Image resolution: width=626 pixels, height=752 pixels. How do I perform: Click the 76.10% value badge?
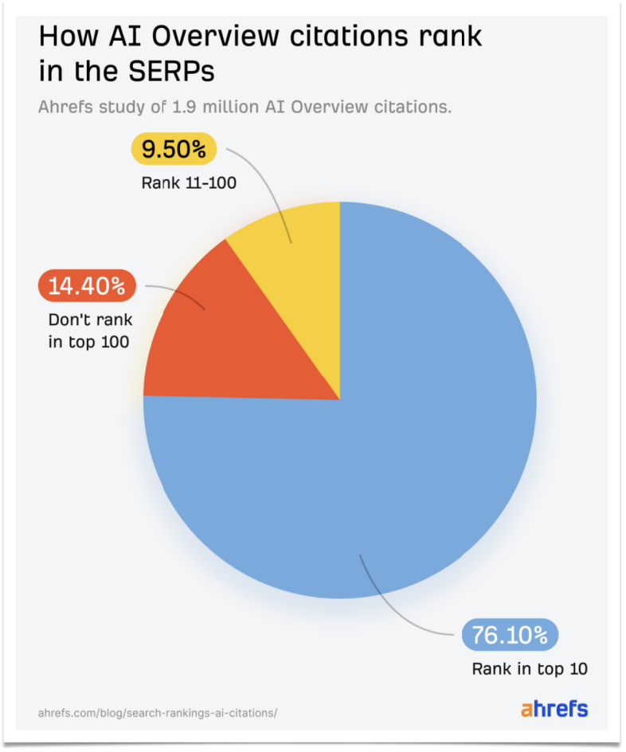point(510,635)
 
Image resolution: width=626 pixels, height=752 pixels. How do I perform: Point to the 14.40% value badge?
point(87,285)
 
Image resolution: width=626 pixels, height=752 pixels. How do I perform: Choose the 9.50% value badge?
point(173,149)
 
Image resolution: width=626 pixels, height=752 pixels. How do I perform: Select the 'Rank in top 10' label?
point(530,668)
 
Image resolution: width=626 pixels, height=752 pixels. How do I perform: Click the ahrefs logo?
point(554,708)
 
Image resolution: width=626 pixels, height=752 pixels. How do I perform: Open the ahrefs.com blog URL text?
point(158,712)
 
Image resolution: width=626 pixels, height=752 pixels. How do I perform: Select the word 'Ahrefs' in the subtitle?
point(63,107)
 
